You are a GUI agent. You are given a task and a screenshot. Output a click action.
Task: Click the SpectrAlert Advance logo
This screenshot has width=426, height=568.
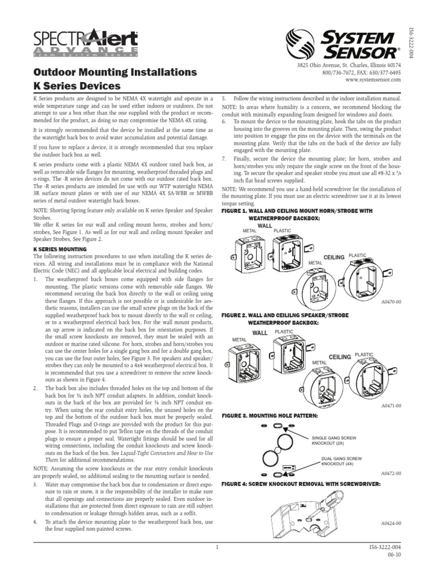tap(85, 43)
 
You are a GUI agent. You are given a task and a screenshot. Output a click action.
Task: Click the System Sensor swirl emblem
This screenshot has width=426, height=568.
tap(300, 44)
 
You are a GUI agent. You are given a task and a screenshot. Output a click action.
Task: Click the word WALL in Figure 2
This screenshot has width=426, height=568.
tap(260, 333)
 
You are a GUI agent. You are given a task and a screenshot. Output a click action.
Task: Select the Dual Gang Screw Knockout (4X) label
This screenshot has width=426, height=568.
tap(342, 461)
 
